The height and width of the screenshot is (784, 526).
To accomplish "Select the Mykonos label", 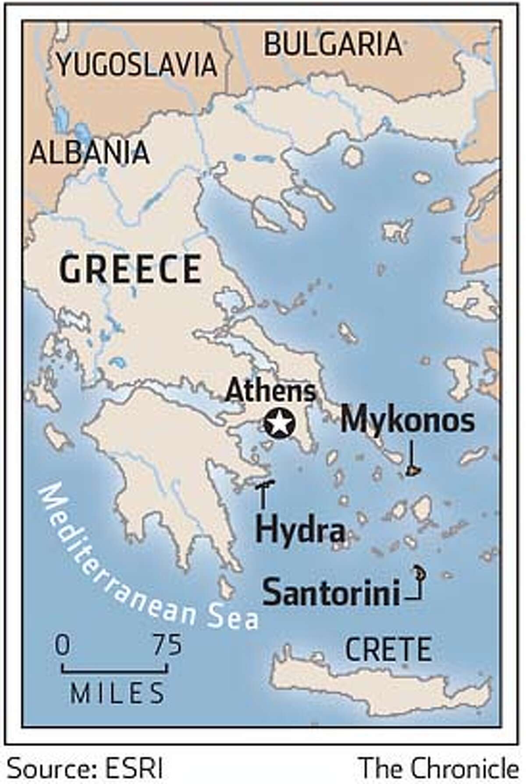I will pyautogui.click(x=407, y=420).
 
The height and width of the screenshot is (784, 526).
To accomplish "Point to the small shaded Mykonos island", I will pyautogui.click(x=412, y=471).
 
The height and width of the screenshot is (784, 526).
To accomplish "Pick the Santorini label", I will pyautogui.click(x=331, y=592).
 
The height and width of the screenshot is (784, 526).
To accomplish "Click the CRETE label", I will pyautogui.click(x=388, y=650).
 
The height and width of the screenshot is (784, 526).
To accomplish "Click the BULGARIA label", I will pyautogui.click(x=333, y=44).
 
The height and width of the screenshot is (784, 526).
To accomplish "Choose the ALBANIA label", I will pyautogui.click(x=90, y=153).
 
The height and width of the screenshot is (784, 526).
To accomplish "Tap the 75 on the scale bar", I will pyautogui.click(x=167, y=645).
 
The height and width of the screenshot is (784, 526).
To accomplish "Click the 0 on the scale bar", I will pyautogui.click(x=62, y=645).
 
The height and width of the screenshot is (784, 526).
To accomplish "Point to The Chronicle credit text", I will pyautogui.click(x=438, y=769).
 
